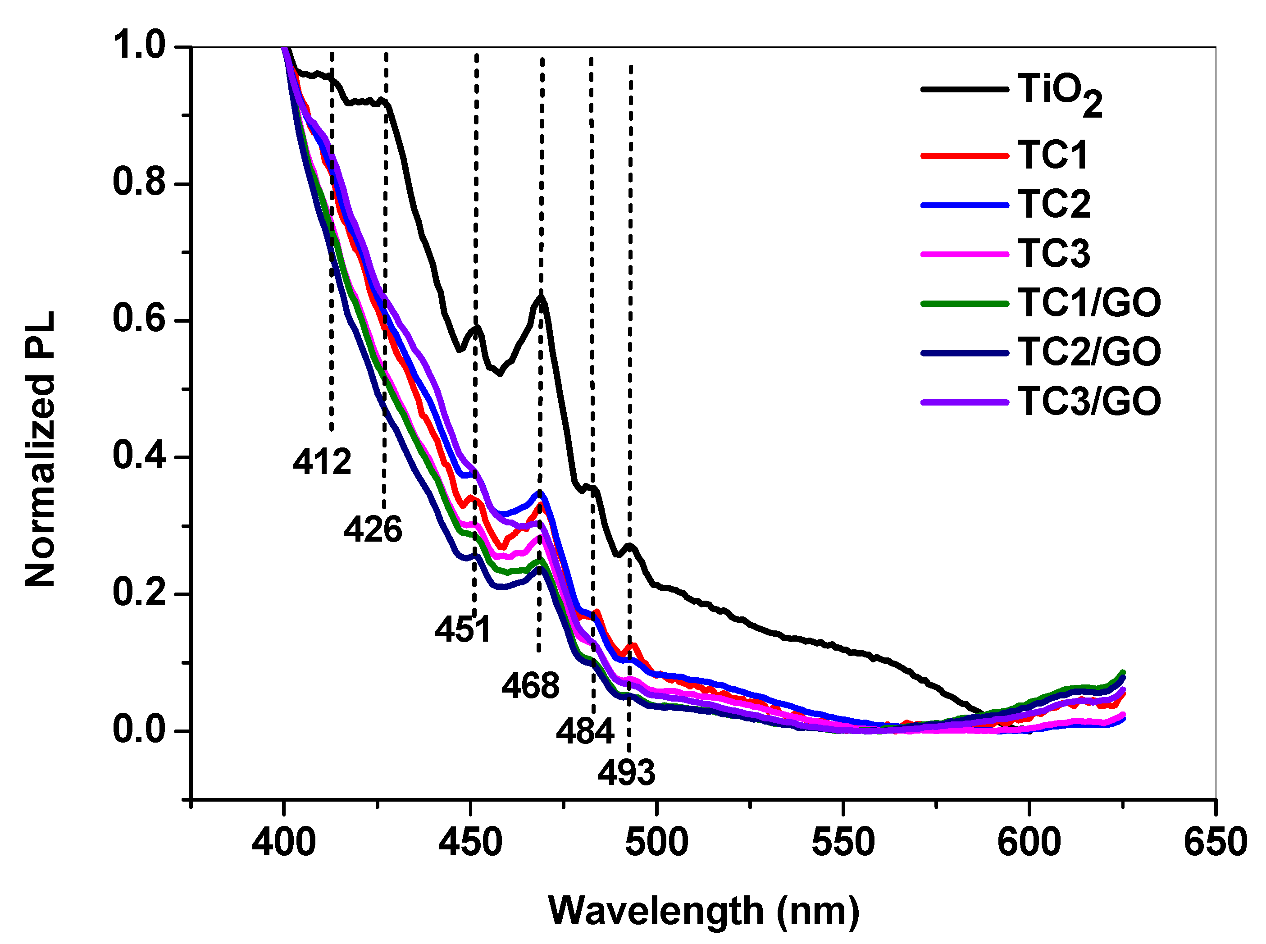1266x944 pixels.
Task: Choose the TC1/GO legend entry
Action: (x=1088, y=302)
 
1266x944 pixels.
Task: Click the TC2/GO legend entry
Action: (x=1088, y=351)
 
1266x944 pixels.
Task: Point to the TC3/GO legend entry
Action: (x=1088, y=401)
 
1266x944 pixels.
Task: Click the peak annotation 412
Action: (x=322, y=462)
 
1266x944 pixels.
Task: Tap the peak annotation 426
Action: (x=373, y=529)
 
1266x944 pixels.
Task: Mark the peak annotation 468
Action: (x=530, y=686)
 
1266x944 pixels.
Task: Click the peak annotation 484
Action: (x=584, y=731)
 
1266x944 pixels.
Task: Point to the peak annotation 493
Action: (x=626, y=773)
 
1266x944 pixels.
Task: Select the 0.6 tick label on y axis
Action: (x=139, y=319)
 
